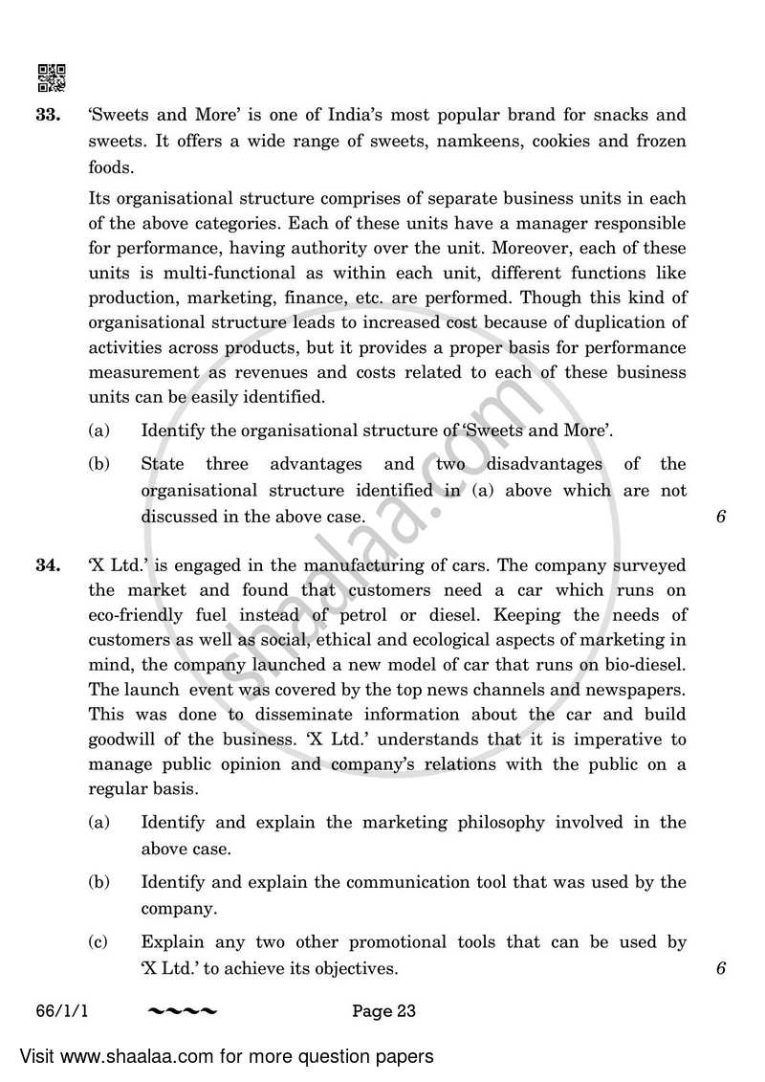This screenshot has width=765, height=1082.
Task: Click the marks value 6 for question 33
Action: click(721, 517)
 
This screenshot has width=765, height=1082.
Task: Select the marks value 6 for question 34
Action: click(721, 968)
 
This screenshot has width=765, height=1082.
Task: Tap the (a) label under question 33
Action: click(98, 431)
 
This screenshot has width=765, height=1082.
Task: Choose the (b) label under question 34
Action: click(98, 882)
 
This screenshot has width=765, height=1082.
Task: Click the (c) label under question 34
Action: click(98, 942)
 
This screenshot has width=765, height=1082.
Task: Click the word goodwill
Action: click(125, 740)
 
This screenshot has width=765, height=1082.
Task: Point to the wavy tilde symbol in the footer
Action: click(183, 1011)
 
